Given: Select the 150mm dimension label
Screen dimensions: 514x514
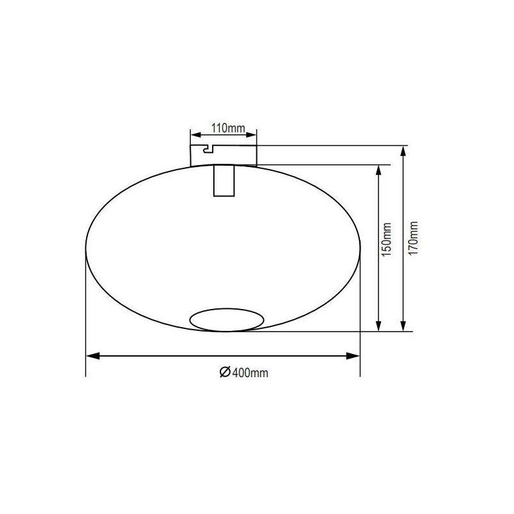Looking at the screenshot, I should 387,240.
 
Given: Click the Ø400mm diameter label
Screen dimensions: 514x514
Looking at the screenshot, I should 244,373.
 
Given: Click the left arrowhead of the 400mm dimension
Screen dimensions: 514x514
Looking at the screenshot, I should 91,355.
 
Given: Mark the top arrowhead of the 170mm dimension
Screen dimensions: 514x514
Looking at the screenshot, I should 403,151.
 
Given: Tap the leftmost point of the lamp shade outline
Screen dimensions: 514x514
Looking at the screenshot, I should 86,247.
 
